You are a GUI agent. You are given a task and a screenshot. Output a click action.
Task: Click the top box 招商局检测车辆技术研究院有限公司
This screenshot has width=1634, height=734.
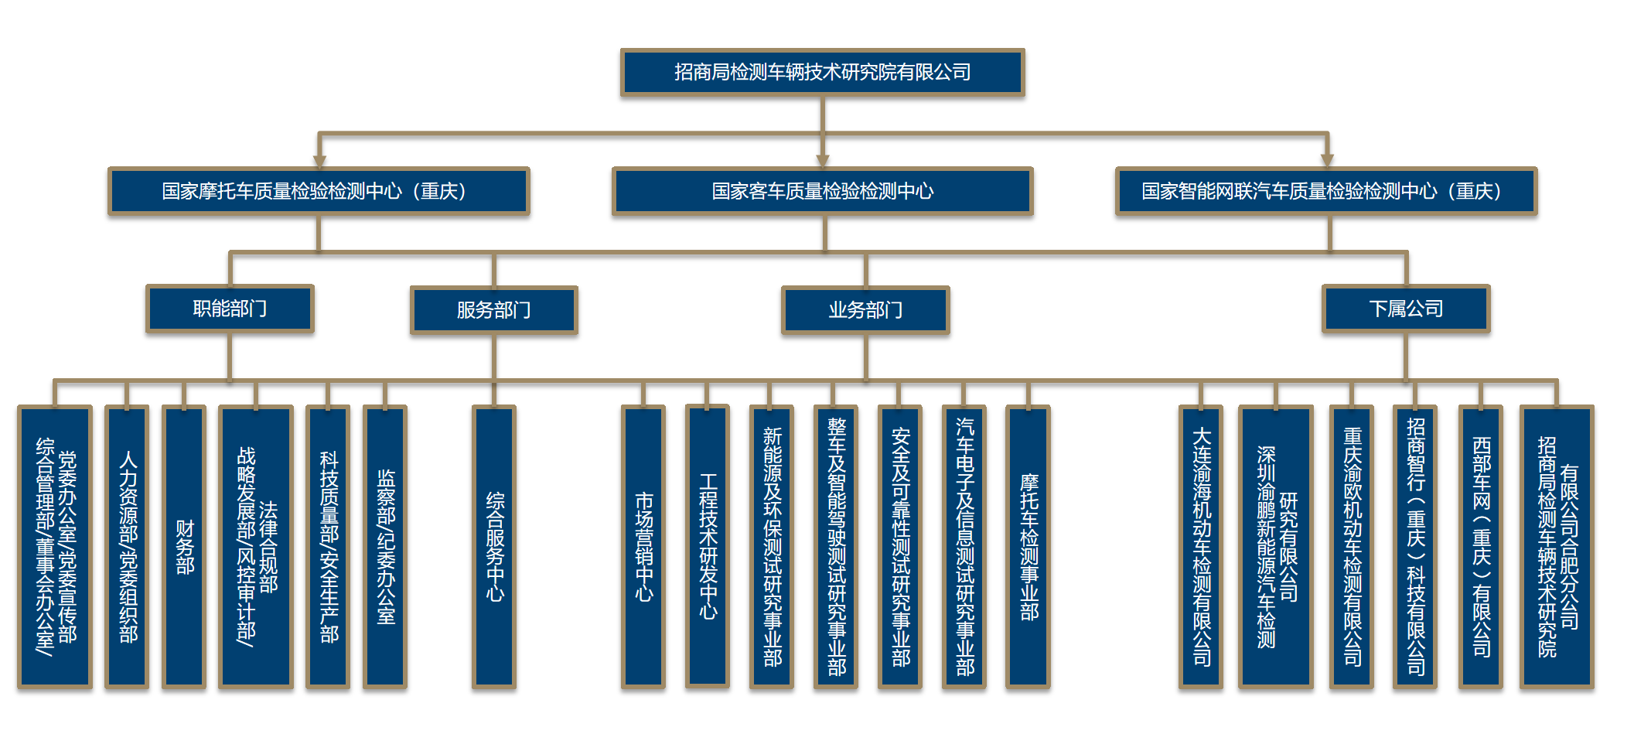pos(822,73)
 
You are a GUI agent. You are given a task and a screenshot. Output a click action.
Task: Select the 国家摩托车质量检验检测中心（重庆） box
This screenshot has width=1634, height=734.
pos(319,191)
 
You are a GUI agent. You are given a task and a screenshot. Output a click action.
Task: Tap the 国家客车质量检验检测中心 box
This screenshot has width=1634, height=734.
pos(822,191)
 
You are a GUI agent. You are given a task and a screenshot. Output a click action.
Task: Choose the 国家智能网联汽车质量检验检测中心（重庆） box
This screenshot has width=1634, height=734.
pos(1325,191)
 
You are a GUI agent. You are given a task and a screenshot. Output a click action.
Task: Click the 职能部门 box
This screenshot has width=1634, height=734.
pos(230,309)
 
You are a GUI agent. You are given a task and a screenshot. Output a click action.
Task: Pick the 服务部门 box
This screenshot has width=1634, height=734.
pos(493,310)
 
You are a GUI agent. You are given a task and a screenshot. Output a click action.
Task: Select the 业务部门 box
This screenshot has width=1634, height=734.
pos(865,310)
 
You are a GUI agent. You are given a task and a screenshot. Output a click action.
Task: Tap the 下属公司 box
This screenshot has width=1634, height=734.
pos(1405,309)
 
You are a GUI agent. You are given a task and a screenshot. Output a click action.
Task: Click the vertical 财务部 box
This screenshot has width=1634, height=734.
pos(184,546)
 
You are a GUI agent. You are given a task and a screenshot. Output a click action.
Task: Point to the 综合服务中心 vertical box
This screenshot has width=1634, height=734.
pos(494,546)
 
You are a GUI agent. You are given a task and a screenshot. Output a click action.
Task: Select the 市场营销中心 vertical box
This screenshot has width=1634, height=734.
pos(643,546)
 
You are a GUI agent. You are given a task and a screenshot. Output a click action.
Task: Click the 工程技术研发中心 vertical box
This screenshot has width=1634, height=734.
pos(708,546)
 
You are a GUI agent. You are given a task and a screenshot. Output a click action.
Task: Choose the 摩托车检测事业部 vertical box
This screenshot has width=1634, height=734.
pos(1028,546)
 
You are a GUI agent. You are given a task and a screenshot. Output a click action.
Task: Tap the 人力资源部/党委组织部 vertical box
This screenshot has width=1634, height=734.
pos(127,546)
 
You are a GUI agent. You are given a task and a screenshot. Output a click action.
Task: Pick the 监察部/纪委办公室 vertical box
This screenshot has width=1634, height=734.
pos(385,546)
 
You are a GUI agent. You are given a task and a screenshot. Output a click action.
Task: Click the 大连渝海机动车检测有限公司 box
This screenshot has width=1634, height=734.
pos(1201,546)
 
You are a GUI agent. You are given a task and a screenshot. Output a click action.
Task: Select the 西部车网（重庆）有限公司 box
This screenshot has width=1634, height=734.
pos(1480,546)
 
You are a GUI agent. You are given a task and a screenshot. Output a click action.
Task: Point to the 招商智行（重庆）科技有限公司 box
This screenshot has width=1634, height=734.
pos(1415,546)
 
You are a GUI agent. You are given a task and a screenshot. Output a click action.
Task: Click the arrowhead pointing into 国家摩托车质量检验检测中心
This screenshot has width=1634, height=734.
pos(319,161)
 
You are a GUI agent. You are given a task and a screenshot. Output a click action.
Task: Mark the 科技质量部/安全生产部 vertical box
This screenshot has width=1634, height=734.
pos(329,546)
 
